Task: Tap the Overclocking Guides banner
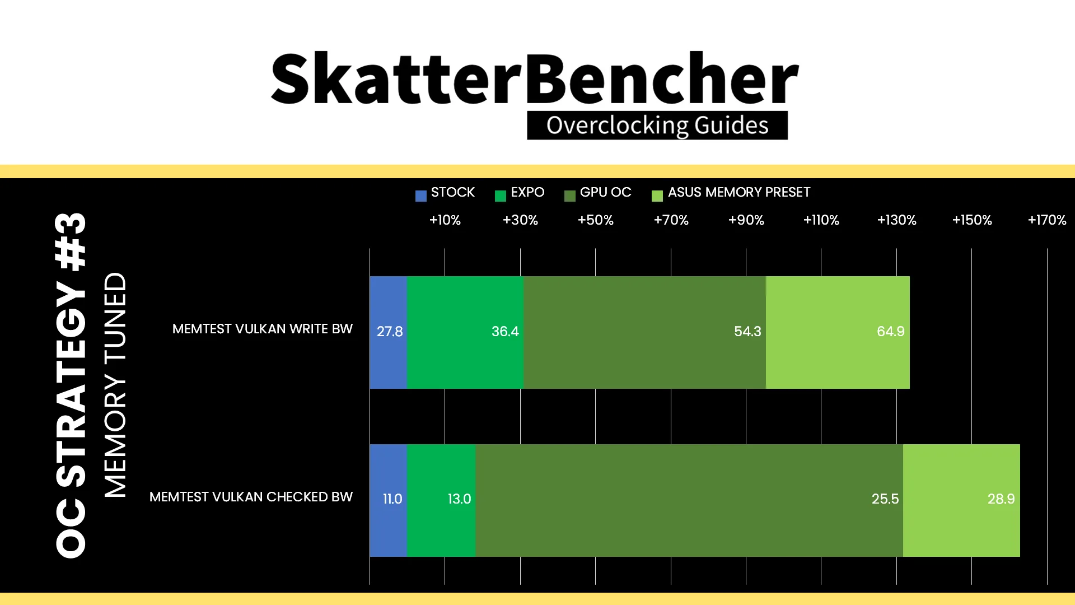[x=657, y=125]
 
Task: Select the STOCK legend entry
[x=445, y=193]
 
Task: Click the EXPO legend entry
[x=520, y=193]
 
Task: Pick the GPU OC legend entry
[x=598, y=193]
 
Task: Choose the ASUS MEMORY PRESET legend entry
[x=731, y=193]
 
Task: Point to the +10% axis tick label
[x=445, y=220]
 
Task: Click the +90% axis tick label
[x=746, y=220]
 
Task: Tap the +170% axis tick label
[x=1047, y=220]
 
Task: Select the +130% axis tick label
[x=897, y=220]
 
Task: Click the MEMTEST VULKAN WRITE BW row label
[x=263, y=329]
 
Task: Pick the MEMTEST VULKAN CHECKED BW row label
[x=251, y=497]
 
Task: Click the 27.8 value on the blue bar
[x=390, y=332]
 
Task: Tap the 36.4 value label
[x=505, y=332]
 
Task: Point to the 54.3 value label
[x=747, y=332]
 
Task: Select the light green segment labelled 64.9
[x=838, y=332]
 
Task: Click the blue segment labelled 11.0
[x=389, y=500]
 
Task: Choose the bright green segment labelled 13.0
[x=441, y=500]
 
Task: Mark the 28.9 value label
[x=1001, y=499]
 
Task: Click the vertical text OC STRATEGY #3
[x=71, y=385]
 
